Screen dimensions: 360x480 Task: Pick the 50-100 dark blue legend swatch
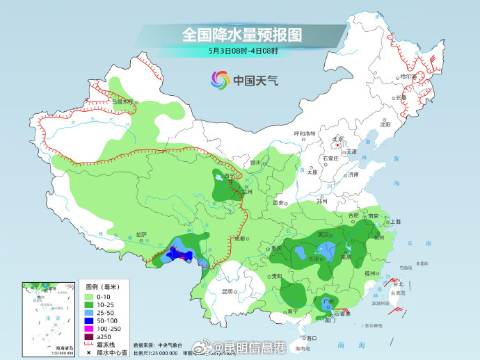point(90,320)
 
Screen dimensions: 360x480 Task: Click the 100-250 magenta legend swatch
point(90,329)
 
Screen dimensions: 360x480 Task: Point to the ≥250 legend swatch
point(90,337)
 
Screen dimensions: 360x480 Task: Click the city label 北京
point(338,140)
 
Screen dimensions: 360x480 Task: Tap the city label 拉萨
point(141,234)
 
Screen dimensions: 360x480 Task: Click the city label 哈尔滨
point(408,76)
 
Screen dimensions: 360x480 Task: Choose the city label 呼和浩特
point(305,133)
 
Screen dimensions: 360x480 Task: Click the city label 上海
point(395,221)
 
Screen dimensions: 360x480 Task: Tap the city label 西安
point(279,202)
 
